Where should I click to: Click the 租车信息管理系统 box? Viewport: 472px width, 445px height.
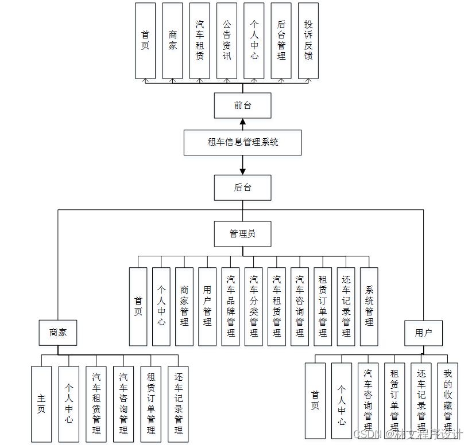[x=242, y=142]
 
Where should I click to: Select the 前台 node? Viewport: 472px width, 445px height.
[x=242, y=106]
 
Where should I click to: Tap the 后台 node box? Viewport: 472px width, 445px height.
[x=242, y=188]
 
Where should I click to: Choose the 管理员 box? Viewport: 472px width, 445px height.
[x=242, y=234]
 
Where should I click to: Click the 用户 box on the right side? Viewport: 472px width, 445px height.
[x=423, y=333]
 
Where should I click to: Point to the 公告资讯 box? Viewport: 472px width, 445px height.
[x=227, y=41]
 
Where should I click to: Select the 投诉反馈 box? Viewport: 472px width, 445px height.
[x=308, y=41]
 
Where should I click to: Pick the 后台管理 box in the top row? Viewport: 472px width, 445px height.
[x=281, y=41]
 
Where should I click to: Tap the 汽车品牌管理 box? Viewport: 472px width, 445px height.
[x=230, y=307]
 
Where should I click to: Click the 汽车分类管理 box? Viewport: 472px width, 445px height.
[x=253, y=307]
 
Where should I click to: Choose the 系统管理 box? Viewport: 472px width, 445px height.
[x=369, y=307]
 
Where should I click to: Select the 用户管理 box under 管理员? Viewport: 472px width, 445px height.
[x=207, y=307]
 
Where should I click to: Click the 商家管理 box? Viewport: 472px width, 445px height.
[x=184, y=307]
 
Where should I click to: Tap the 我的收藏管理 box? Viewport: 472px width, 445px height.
[x=447, y=400]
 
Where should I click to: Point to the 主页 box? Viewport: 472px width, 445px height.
[x=41, y=404]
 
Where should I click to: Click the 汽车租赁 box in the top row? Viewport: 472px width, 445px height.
[x=199, y=41]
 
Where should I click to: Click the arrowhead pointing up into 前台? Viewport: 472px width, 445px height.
[x=242, y=122]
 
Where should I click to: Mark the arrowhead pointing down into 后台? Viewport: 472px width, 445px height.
[x=242, y=171]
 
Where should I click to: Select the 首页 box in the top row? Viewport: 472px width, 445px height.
[x=145, y=41]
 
